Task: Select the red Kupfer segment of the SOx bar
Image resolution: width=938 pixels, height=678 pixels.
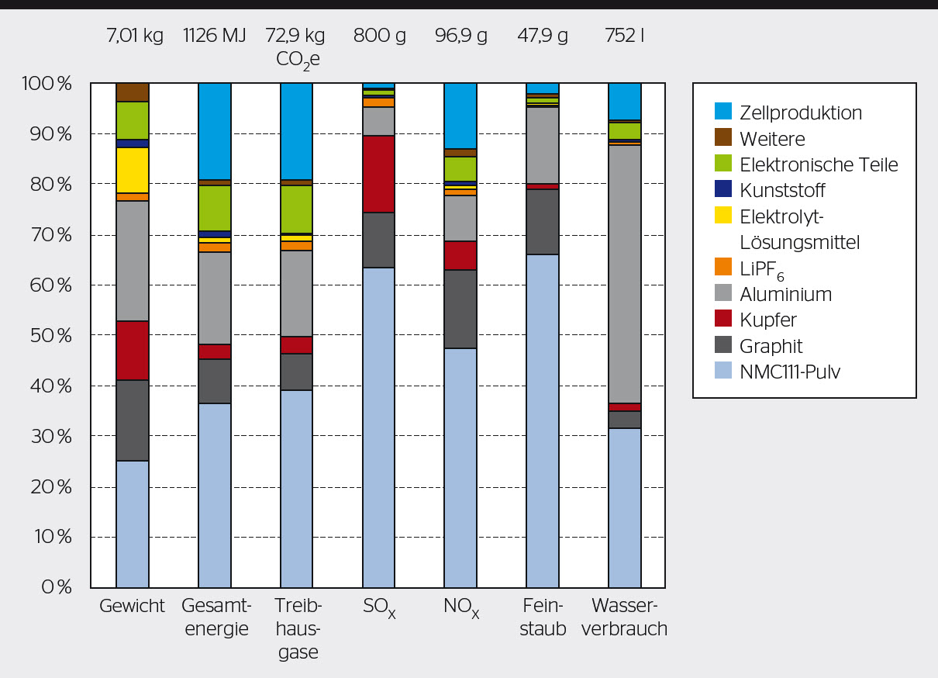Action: point(379,174)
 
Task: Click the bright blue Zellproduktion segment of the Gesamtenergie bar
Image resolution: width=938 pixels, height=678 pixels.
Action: point(215,130)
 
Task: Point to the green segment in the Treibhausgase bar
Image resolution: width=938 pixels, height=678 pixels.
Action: point(297,209)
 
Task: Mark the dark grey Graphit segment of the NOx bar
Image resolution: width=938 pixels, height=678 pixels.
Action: point(460,309)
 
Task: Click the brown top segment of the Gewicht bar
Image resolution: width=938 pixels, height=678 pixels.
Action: point(133,92)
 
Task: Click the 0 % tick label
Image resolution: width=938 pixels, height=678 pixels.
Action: point(56,587)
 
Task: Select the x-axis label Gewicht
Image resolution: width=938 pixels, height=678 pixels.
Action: point(133,606)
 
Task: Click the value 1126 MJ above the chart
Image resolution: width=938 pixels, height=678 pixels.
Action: point(215,36)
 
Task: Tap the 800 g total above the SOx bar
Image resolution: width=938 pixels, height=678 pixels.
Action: point(379,36)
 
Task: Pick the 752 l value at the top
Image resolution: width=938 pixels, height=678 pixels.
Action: point(625,36)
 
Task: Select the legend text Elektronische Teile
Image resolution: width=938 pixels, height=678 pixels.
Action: point(819,164)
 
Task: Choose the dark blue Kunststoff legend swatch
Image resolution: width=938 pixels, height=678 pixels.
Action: point(722,190)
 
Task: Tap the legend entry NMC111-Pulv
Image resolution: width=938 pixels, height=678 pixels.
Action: point(790,372)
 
